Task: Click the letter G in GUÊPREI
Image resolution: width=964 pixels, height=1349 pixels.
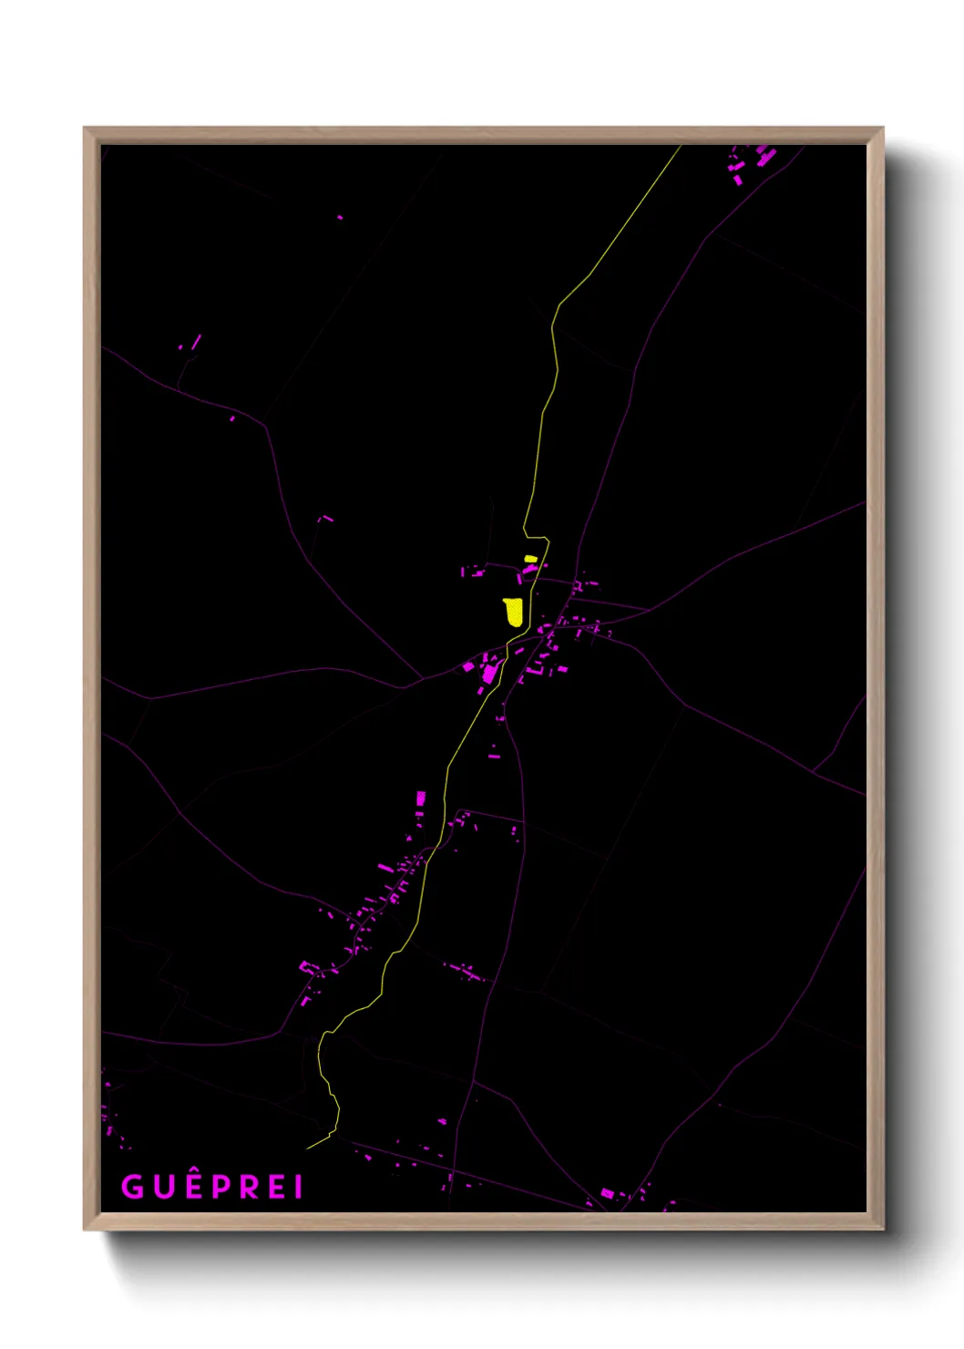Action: [132, 1187]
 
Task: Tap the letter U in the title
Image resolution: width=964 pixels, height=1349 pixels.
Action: [163, 1187]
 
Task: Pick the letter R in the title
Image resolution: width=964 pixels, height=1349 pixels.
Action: [250, 1187]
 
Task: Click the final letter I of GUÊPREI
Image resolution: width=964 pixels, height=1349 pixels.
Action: [298, 1187]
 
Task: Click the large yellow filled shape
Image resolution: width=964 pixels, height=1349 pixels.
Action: [514, 612]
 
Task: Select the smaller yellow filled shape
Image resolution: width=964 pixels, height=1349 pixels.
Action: [530, 559]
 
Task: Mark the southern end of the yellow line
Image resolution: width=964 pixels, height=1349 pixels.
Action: [308, 1148]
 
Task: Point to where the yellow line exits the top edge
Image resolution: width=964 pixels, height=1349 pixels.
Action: [681, 146]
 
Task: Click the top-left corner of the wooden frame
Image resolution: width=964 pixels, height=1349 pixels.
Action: [85, 129]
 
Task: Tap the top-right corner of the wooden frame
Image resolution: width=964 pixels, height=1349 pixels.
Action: [882, 129]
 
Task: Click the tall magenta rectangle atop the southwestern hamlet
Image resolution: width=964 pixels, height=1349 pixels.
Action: [421, 798]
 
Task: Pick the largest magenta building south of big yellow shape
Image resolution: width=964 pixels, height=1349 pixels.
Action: [489, 674]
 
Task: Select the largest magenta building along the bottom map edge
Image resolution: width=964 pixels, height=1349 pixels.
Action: [607, 1193]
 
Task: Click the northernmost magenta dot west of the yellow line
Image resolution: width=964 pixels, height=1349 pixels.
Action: [340, 217]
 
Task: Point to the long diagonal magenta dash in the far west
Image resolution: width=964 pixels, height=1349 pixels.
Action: [196, 342]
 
